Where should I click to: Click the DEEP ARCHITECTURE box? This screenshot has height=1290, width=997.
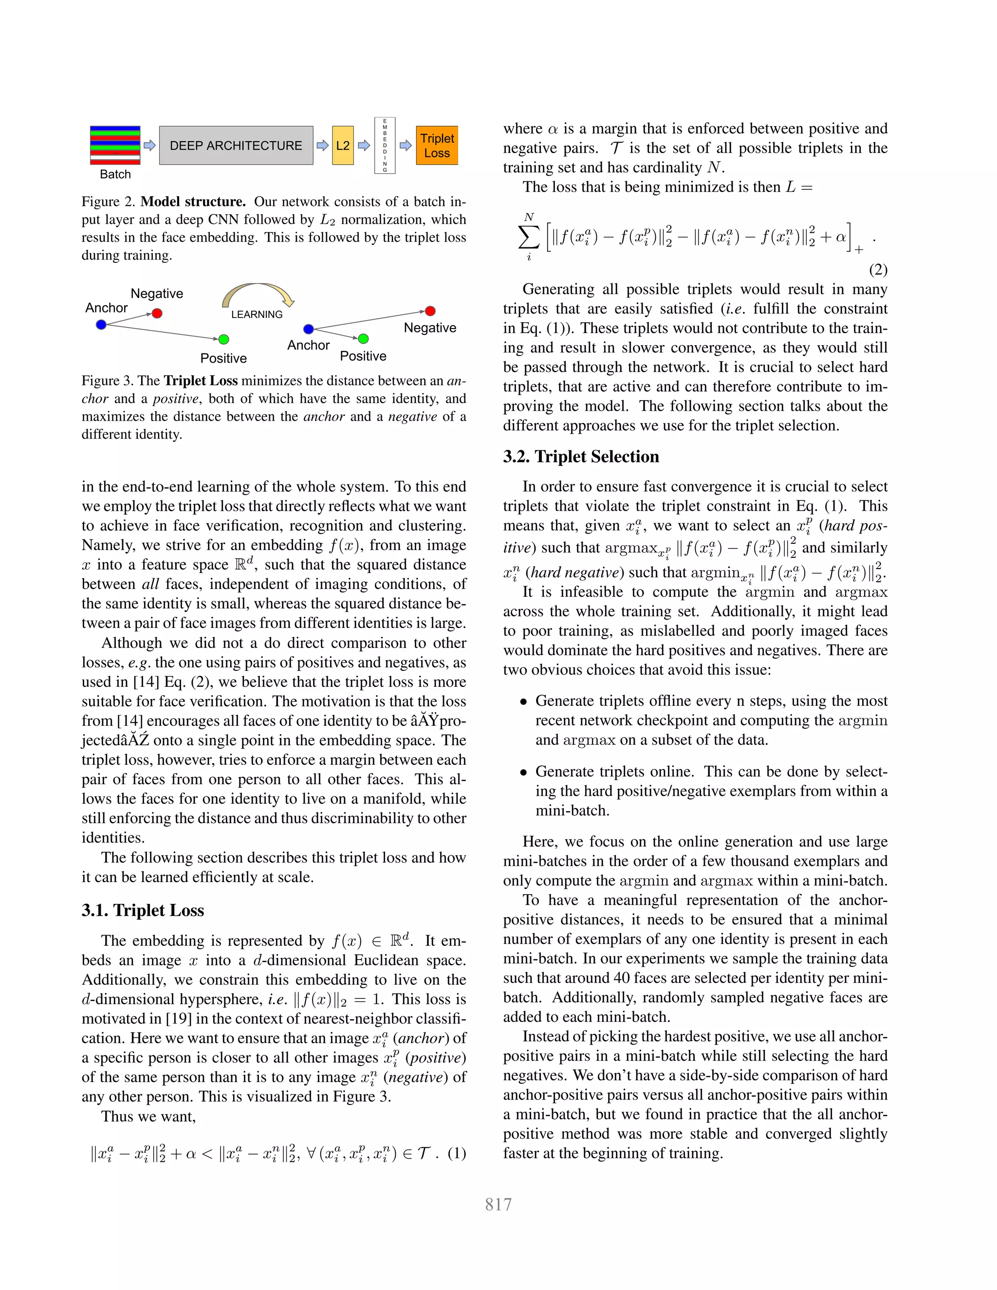(x=236, y=145)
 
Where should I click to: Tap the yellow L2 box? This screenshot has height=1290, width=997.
(x=343, y=145)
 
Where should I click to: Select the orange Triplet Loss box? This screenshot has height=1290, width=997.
(x=437, y=145)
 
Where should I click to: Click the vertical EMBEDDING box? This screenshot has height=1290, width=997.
(x=385, y=145)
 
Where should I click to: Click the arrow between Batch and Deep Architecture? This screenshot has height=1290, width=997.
(x=149, y=145)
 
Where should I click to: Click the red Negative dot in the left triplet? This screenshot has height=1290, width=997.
(x=157, y=313)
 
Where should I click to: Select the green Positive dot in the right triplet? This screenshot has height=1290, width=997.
(x=363, y=338)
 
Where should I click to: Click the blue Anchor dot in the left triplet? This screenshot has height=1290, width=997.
(x=101, y=324)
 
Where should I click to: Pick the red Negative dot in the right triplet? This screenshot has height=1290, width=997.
(x=430, y=311)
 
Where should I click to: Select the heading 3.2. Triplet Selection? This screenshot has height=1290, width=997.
(x=581, y=457)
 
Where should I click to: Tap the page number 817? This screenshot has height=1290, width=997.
(x=498, y=1204)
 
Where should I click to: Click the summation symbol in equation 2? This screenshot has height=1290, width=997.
(x=528, y=238)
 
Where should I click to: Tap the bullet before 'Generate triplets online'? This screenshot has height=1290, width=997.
(x=523, y=772)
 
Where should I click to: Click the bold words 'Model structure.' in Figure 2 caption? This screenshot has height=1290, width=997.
(x=193, y=202)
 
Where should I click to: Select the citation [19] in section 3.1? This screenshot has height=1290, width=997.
(x=178, y=1018)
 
